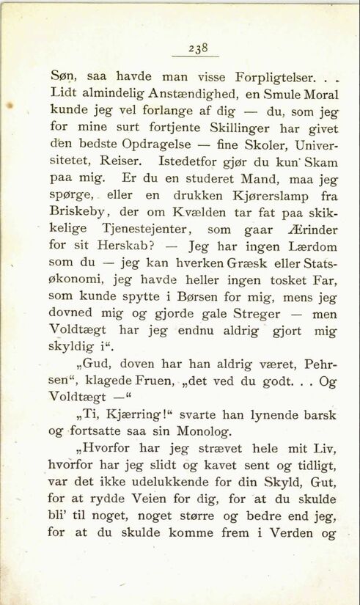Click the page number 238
click(198, 48)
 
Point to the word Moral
click(317, 94)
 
